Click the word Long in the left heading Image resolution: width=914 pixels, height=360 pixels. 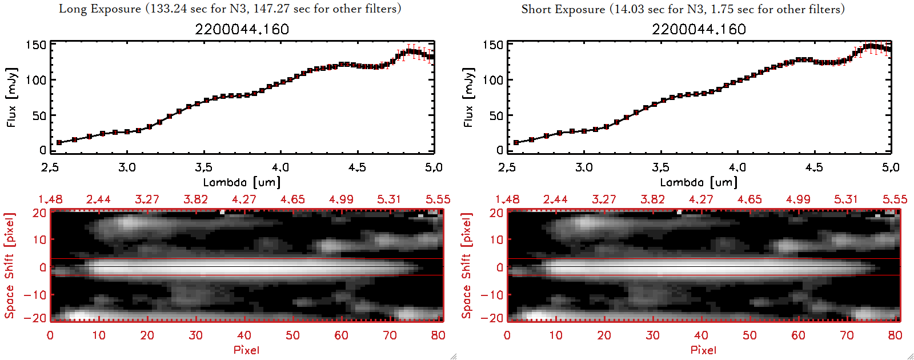coord(72,9)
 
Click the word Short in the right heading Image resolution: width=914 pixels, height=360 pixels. coord(535,9)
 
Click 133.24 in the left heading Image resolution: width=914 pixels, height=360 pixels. coord(173,9)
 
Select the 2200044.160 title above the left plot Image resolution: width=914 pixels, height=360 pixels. coord(242,29)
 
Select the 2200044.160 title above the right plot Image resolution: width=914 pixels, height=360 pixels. coord(699,29)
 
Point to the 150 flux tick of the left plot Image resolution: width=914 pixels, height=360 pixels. coord(36,45)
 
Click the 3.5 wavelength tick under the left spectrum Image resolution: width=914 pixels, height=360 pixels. coord(203,167)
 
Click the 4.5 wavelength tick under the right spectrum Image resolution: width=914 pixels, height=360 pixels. coord(814,167)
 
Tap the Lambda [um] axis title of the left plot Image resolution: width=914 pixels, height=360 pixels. coord(242,182)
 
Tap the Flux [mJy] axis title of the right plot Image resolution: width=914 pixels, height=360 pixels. coord(468,97)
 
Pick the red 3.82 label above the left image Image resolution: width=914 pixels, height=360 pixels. coord(195,199)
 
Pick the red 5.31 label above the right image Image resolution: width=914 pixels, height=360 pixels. coord(846,199)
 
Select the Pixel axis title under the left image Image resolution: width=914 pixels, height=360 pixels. coord(246,350)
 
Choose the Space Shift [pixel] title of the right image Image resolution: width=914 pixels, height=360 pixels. coord(467,266)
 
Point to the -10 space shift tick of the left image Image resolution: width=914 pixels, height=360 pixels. coord(35,295)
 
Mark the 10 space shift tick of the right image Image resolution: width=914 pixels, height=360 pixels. coord(496,240)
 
